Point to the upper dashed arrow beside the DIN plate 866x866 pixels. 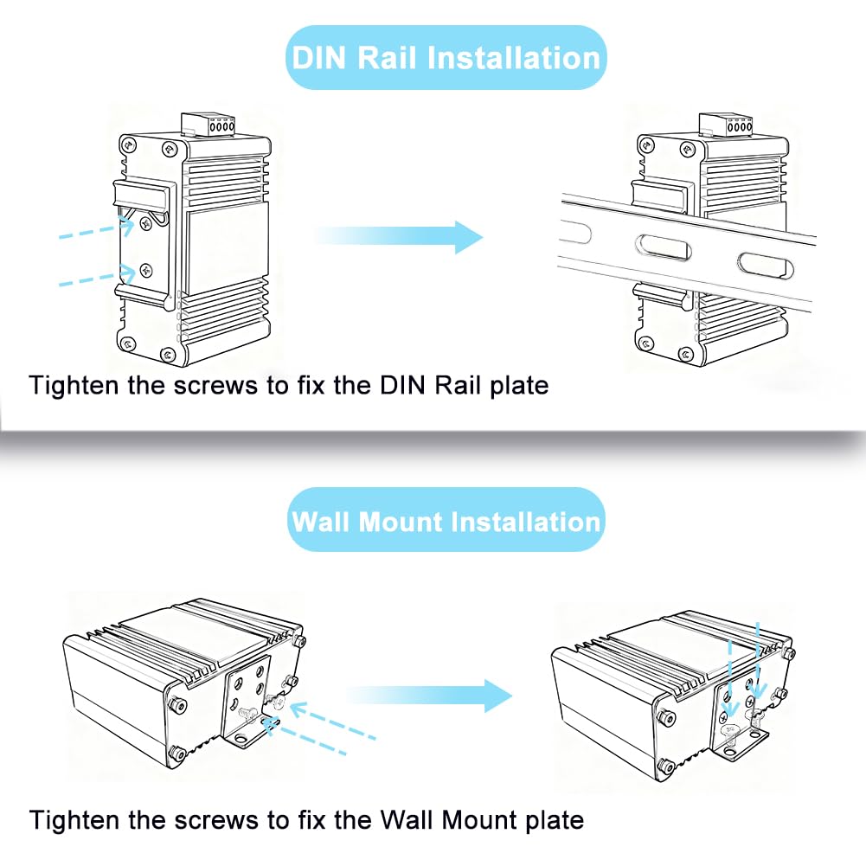click(x=94, y=229)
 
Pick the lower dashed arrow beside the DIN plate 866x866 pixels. click(x=95, y=278)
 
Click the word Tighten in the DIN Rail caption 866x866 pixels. click(x=72, y=384)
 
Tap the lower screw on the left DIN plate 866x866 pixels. click(x=145, y=270)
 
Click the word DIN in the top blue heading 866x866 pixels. click(x=318, y=58)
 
